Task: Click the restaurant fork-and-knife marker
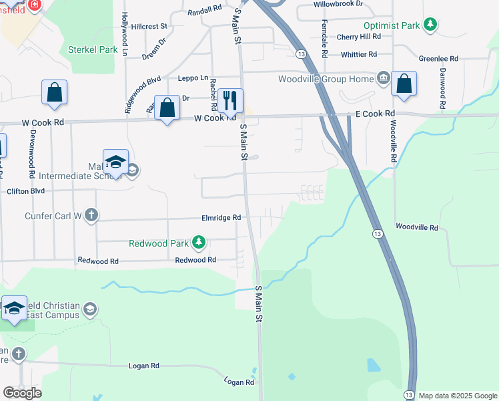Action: [x=230, y=101]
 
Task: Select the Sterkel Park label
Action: [x=93, y=49]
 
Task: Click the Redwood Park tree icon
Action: [x=198, y=242]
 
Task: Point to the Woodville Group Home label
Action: [x=326, y=79]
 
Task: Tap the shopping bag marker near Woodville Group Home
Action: [x=404, y=84]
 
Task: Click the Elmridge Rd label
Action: [x=221, y=218]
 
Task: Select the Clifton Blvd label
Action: [x=25, y=190]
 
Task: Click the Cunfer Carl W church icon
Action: [x=91, y=215]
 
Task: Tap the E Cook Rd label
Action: [x=375, y=114]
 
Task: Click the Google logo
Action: [x=22, y=393]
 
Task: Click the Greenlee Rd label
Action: [x=438, y=59]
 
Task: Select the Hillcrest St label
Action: [x=149, y=27]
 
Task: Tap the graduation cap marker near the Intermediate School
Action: [x=115, y=162]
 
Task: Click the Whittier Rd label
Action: [x=358, y=54]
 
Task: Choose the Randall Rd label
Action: [x=204, y=10]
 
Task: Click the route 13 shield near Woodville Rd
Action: [x=378, y=233]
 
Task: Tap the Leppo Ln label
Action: [x=193, y=78]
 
